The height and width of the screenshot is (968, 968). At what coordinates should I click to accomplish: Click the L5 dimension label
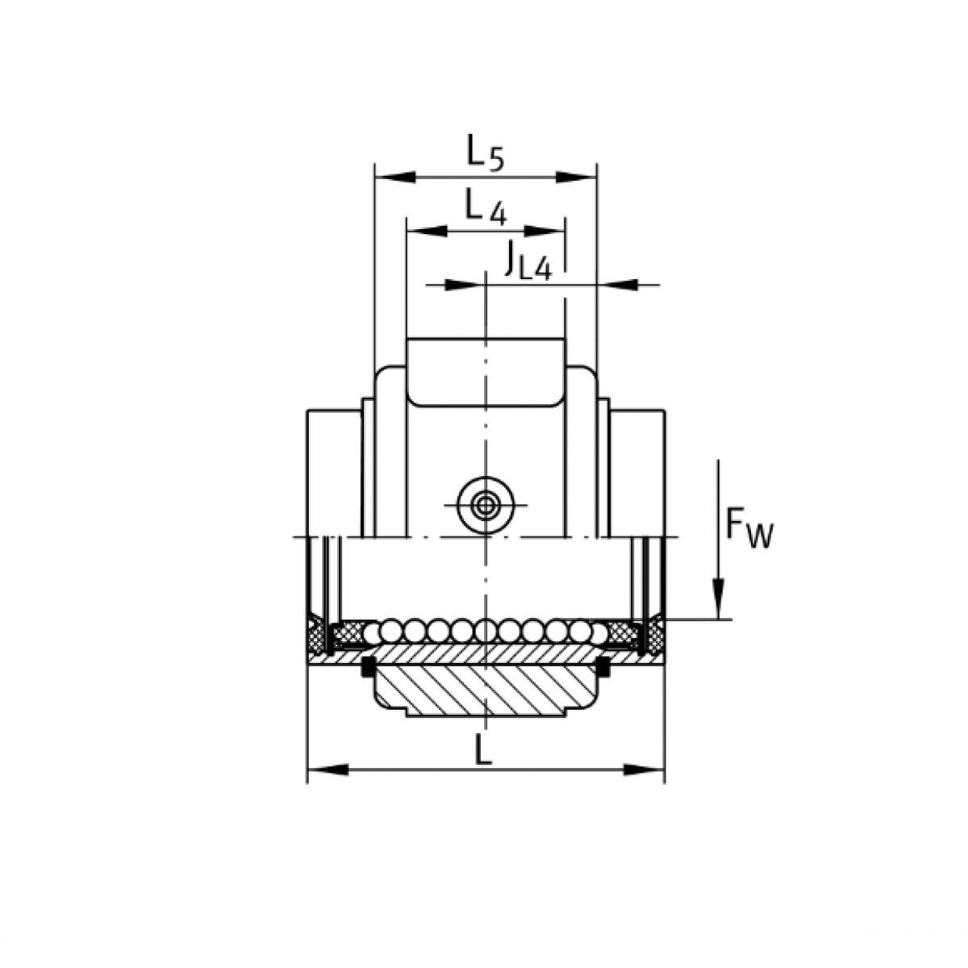(x=486, y=152)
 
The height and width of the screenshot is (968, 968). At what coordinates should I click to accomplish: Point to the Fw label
(x=749, y=530)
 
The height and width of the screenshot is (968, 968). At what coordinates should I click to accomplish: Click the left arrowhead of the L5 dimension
(x=395, y=177)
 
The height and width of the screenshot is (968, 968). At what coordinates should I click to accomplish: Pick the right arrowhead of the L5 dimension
(x=576, y=177)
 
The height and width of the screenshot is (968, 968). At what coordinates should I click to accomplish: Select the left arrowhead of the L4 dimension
(x=427, y=231)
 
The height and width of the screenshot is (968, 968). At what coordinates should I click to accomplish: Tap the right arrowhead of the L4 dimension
(x=545, y=231)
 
